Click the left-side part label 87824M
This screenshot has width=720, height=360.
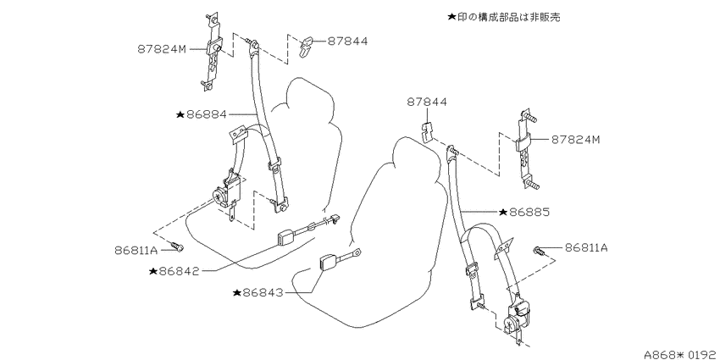[x=162, y=48]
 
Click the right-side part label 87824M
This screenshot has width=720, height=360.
[x=576, y=140]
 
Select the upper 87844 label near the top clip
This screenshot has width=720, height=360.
[x=347, y=41]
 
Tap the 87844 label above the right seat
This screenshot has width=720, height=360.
[x=427, y=102]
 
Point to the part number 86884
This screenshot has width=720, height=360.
[x=207, y=114]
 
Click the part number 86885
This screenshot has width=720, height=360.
[x=529, y=212]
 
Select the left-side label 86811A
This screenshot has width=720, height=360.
[x=136, y=250]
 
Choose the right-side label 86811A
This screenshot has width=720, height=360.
[x=586, y=248]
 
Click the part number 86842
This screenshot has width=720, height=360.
[x=179, y=271]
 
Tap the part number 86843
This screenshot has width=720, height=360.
[x=263, y=292]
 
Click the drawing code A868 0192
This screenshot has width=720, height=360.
[x=681, y=354]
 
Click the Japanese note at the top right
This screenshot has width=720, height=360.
[x=504, y=18]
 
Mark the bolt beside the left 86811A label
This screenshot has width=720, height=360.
[x=176, y=247]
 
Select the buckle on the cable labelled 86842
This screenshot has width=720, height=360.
[x=286, y=239]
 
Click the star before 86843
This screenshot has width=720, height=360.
[x=237, y=292]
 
